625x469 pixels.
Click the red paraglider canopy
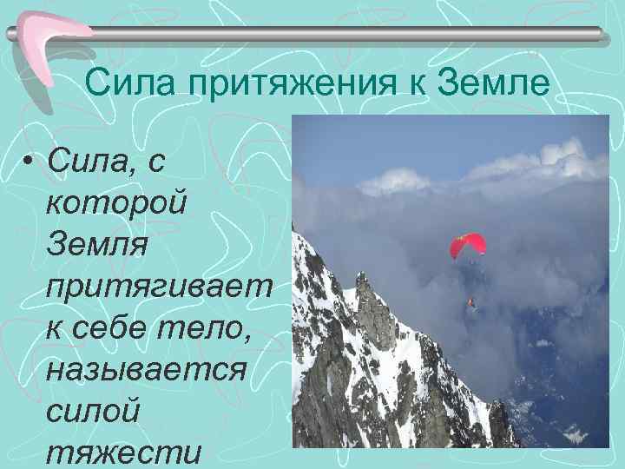[468, 245]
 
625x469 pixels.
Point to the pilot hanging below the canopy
[471, 302]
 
